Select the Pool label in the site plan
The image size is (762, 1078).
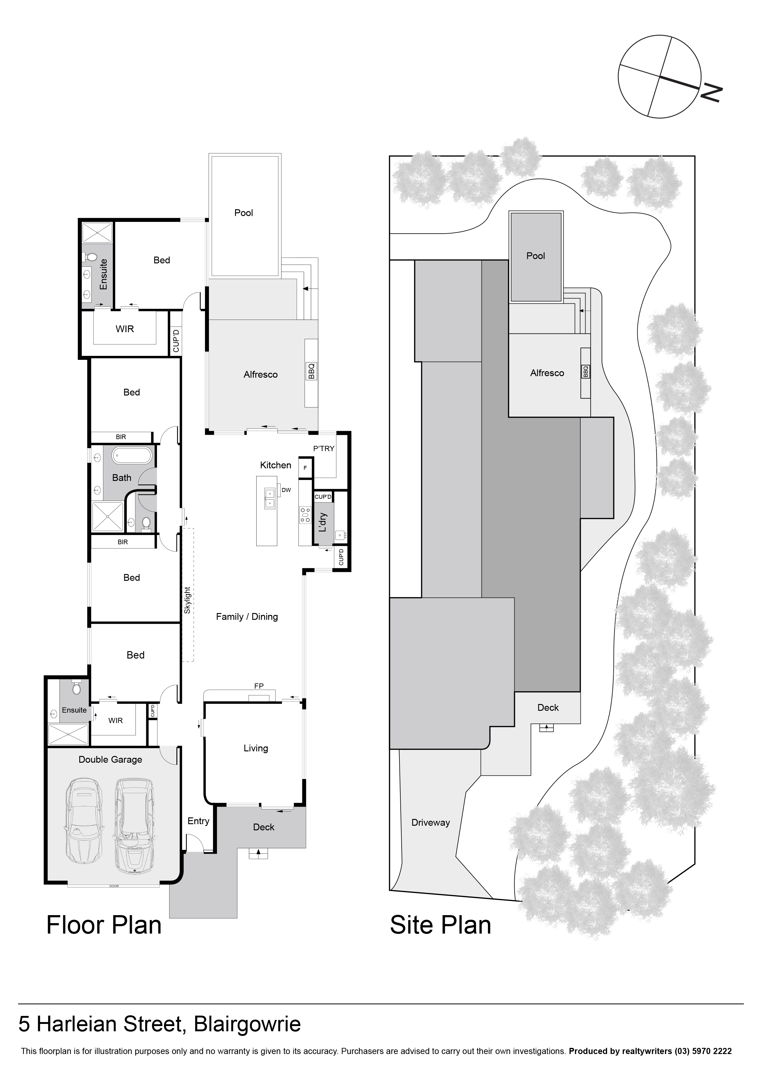click(535, 256)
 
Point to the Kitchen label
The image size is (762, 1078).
click(276, 465)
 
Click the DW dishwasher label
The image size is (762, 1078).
click(286, 490)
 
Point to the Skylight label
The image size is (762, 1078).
click(187, 600)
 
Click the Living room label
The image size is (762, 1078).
click(255, 748)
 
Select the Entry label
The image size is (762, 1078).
click(198, 821)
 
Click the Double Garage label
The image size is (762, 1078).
click(110, 759)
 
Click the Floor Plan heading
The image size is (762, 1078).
click(104, 925)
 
